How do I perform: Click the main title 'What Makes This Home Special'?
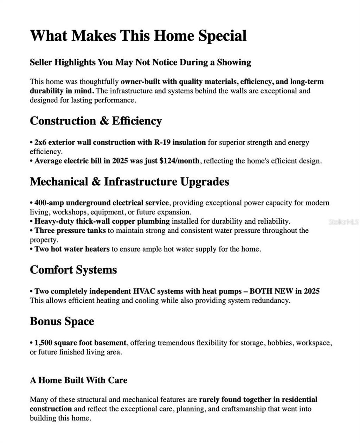pyautogui.click(x=138, y=36)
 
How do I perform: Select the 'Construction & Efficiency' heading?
pyautogui.click(x=96, y=121)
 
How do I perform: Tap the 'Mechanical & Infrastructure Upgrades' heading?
pyautogui.click(x=129, y=181)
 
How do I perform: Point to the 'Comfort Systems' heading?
pyautogui.click(x=73, y=270)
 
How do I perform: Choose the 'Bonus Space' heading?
pyautogui.click(x=62, y=321)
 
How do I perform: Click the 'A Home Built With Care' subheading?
pyautogui.click(x=78, y=380)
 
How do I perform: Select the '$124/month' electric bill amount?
pyautogui.click(x=179, y=161)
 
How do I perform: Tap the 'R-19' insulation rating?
pyautogui.click(x=162, y=142)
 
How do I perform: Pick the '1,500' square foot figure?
pyautogui.click(x=43, y=343)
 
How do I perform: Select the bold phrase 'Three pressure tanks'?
pyautogui.click(x=70, y=231)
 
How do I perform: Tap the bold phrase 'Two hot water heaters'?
pyautogui.click(x=72, y=249)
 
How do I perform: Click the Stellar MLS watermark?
pyautogui.click(x=343, y=222)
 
